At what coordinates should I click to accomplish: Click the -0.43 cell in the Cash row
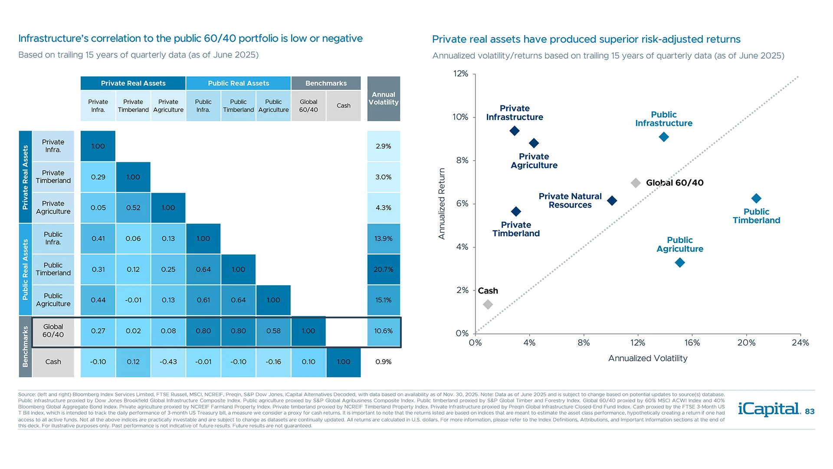[x=168, y=362]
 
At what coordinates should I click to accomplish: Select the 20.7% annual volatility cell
[x=384, y=269]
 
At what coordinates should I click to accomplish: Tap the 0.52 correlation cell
[x=133, y=208]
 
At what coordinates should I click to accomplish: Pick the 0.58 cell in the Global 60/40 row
[x=273, y=331]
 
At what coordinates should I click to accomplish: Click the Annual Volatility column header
[x=384, y=99]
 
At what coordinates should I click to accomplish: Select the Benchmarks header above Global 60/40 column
[x=326, y=83]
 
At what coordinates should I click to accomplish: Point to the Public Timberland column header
[x=238, y=106]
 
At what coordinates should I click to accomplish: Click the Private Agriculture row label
[x=53, y=208]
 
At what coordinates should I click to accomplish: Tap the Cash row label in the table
[x=53, y=362]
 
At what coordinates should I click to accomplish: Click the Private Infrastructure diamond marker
[x=515, y=131]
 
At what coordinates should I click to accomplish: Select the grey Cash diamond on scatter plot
[x=488, y=304]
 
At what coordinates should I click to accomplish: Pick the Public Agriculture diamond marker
[x=680, y=262]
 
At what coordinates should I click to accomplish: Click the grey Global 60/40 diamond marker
[x=636, y=183]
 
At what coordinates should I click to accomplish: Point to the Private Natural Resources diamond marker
[x=612, y=201]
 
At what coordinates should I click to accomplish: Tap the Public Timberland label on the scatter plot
[x=756, y=216]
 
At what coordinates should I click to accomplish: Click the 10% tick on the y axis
[x=460, y=117]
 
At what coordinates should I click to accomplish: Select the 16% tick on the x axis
[x=692, y=343]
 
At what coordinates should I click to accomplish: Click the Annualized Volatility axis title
[x=647, y=358]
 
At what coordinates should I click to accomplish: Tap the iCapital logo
[x=769, y=409]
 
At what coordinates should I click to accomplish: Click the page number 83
[x=810, y=411]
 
